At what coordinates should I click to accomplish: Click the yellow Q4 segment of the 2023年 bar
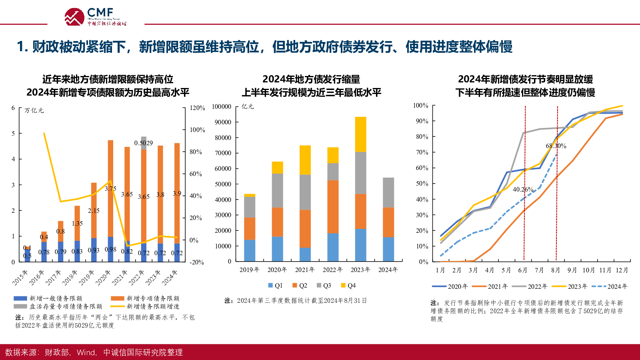click(360, 134)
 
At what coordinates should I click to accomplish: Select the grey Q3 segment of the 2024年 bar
click(388, 192)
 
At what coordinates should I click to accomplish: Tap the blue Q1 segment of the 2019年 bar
click(250, 251)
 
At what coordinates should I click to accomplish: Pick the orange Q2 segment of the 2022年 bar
click(333, 207)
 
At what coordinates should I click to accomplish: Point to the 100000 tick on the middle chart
click(222, 107)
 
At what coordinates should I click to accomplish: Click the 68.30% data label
click(556, 146)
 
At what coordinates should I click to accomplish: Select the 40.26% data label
click(523, 189)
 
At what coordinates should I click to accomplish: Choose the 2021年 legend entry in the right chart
click(490, 286)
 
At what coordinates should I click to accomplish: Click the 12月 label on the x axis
click(622, 270)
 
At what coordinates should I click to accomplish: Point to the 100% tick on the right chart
click(420, 106)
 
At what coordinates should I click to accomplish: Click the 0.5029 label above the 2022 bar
click(144, 143)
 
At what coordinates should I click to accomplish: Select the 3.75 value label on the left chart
click(110, 189)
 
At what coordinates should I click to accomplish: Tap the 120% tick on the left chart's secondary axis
click(197, 108)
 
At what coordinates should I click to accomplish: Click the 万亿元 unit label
click(34, 110)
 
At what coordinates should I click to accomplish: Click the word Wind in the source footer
click(86, 352)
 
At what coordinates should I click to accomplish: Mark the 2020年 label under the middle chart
click(277, 270)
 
